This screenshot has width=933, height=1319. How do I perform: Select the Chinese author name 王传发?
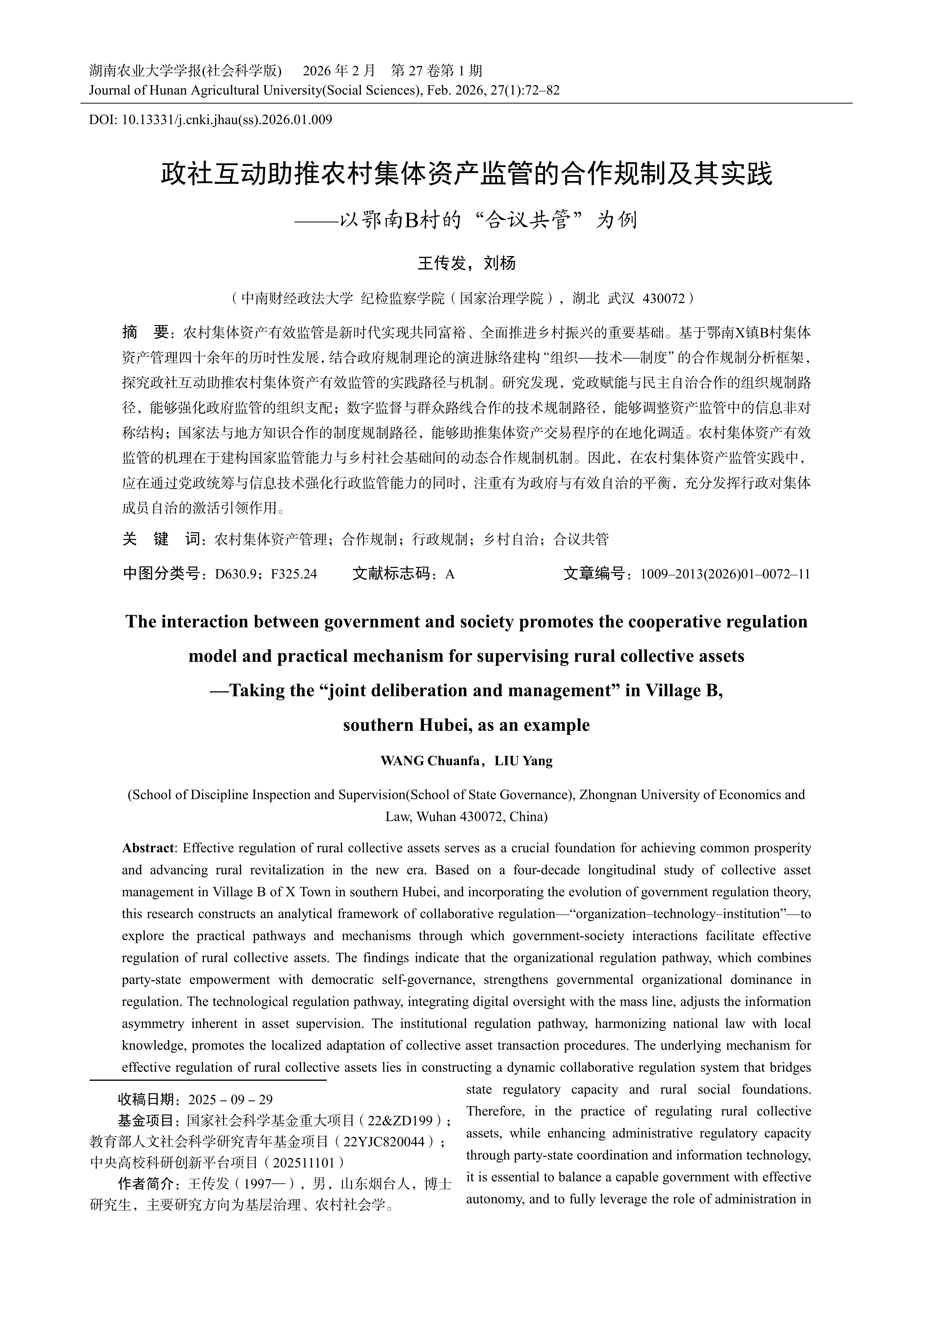[441, 263]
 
